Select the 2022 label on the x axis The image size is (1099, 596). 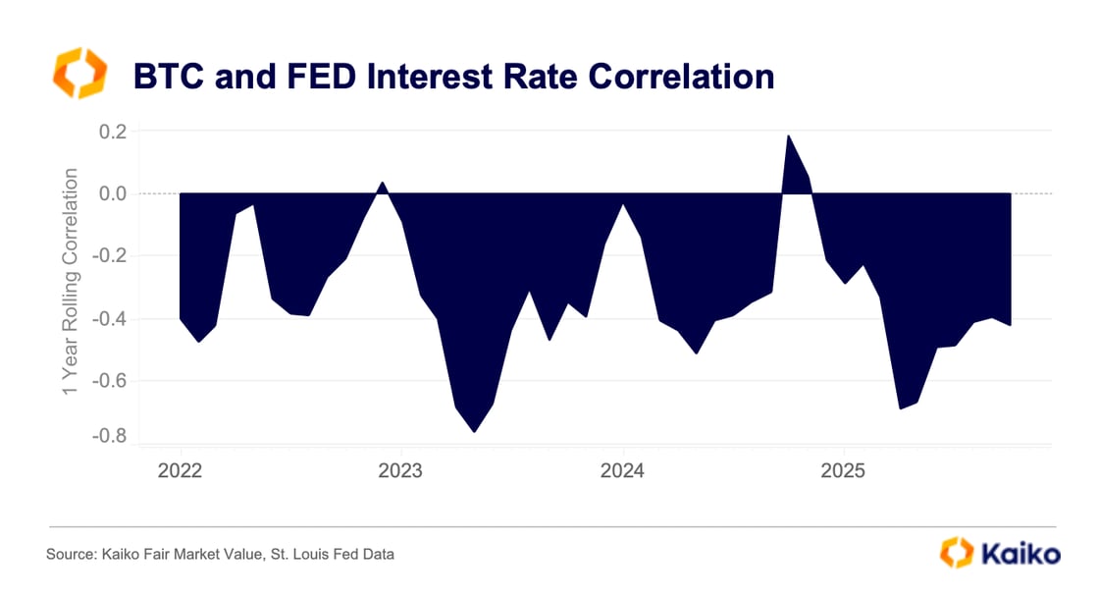point(180,469)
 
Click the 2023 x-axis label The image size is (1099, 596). point(401,469)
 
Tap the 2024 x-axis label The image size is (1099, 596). point(622,469)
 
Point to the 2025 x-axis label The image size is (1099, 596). point(843,469)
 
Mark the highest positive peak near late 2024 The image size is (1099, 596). point(788,135)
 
